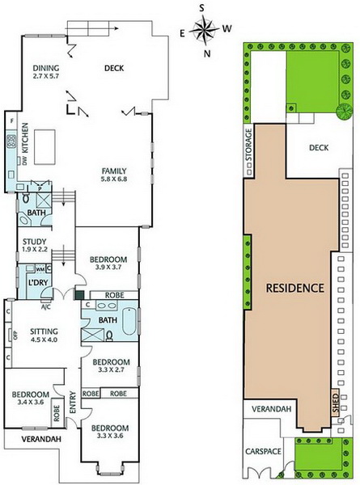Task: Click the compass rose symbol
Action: [x=205, y=30]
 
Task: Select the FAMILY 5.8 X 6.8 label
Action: [x=114, y=175]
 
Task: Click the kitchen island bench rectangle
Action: [x=44, y=147]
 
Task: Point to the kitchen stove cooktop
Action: [x=11, y=141]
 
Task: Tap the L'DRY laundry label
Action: [x=38, y=282]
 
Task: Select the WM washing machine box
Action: [x=40, y=269]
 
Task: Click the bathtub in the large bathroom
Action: [x=129, y=321]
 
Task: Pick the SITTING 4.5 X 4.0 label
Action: [x=44, y=335]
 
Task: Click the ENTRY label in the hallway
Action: [x=73, y=402]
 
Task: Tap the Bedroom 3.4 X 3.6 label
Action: [x=30, y=398]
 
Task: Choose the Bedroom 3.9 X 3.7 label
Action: [x=108, y=263]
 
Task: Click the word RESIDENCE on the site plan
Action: [x=295, y=288]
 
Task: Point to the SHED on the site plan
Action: [x=336, y=402]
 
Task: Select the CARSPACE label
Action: [x=263, y=451]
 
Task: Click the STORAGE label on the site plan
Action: [x=249, y=145]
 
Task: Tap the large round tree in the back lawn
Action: [x=344, y=112]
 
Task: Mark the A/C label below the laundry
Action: [x=45, y=307]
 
